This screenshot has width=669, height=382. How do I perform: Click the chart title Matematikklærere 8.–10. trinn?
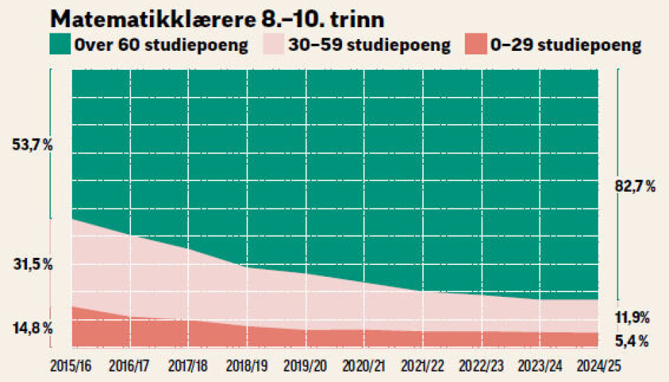click(218, 17)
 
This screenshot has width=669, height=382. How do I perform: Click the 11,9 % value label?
click(633, 317)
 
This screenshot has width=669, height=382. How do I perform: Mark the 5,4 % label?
click(633, 342)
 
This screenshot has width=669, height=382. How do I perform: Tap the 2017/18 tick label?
click(188, 366)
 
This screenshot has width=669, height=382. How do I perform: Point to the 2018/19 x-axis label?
click(247, 366)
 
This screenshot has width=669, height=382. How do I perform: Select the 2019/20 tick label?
click(305, 366)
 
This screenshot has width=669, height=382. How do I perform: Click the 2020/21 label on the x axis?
click(364, 366)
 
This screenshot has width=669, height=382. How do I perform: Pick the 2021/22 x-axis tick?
click(422, 366)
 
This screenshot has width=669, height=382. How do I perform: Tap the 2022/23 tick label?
click(481, 366)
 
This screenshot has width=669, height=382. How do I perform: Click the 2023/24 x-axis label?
click(539, 366)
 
